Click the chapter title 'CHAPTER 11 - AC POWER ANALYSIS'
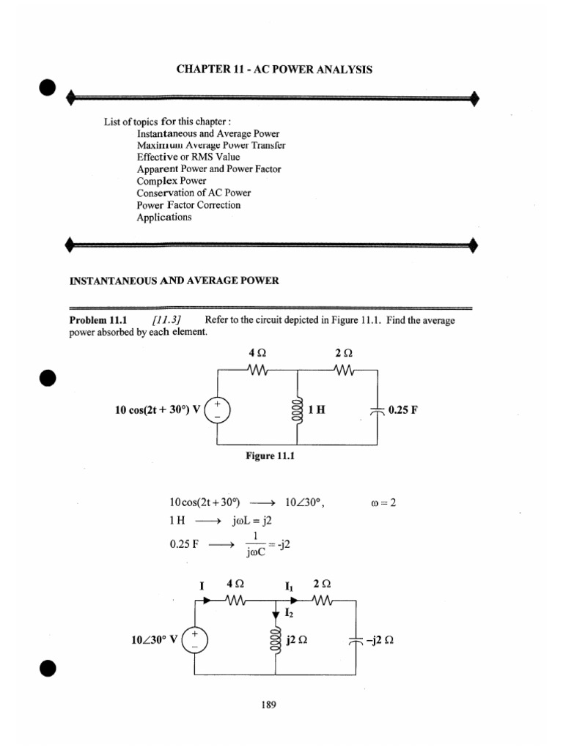tap(274, 70)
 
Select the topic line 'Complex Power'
tap(171, 181)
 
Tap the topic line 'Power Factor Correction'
tap(188, 205)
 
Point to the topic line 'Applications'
tap(164, 217)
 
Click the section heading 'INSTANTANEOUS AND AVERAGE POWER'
tap(174, 281)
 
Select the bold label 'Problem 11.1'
tap(98, 320)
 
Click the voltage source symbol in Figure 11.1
tap(217, 410)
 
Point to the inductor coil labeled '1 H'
tap(298, 410)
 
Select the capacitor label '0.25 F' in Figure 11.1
tap(403, 410)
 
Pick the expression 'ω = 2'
tap(384, 503)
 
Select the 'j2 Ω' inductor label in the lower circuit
tap(296, 638)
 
